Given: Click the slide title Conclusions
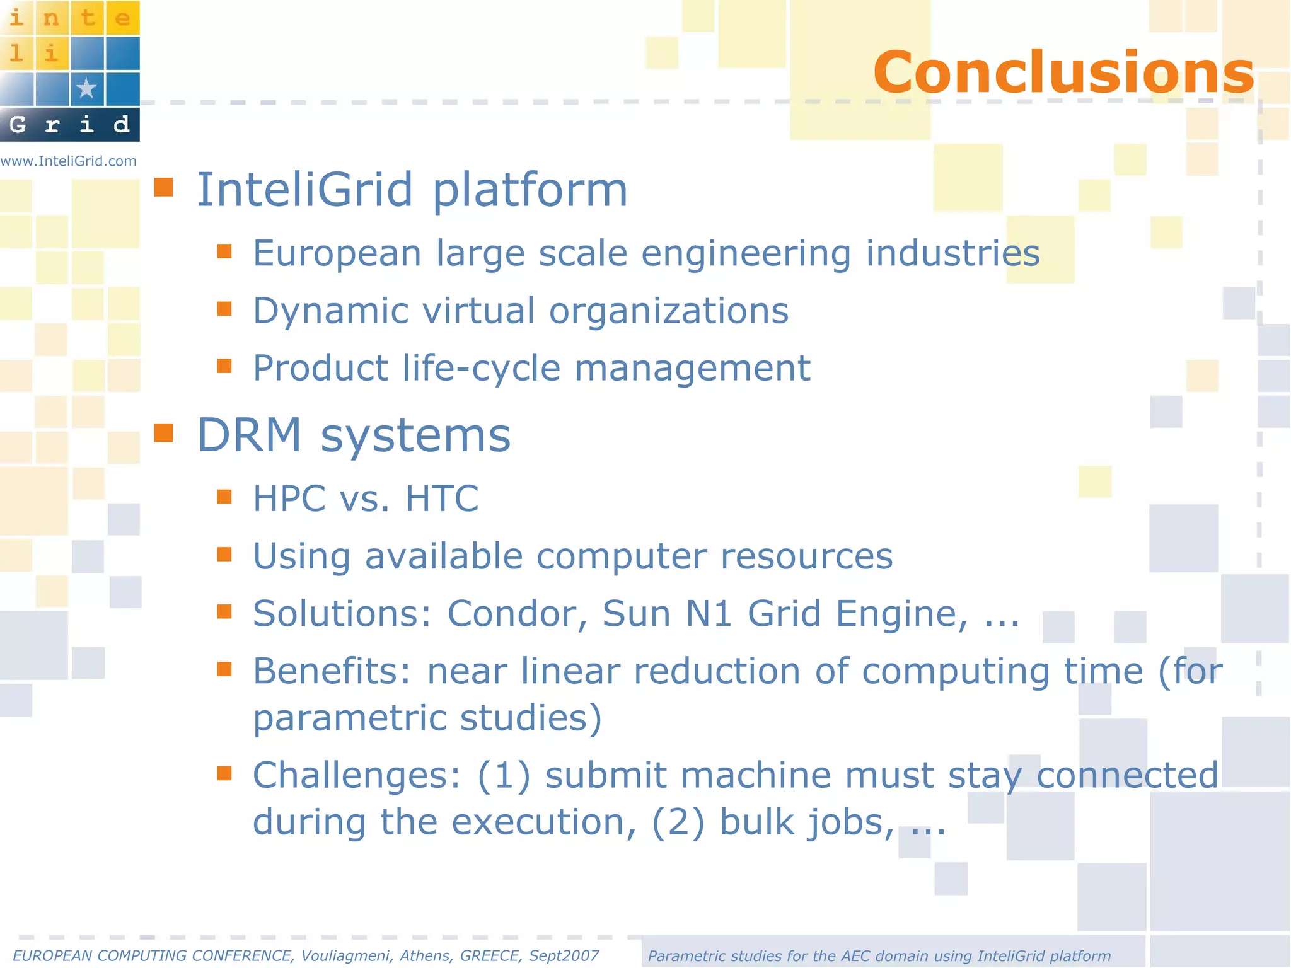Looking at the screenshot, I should point(1063,72).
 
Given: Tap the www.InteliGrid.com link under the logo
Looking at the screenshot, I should point(69,161).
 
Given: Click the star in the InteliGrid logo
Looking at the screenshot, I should point(86,89).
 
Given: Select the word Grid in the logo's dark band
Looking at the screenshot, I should point(69,124).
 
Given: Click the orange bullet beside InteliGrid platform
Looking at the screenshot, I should point(164,187).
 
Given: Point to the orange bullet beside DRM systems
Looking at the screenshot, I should point(164,433).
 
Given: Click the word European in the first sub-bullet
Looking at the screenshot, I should point(337,253).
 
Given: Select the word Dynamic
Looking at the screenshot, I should point(331,311).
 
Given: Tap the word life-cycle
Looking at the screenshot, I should point(481,368).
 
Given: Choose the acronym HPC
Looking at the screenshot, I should point(289,498).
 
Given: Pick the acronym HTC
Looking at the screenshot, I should point(442,498).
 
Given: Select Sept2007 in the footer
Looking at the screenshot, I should point(564,956).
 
